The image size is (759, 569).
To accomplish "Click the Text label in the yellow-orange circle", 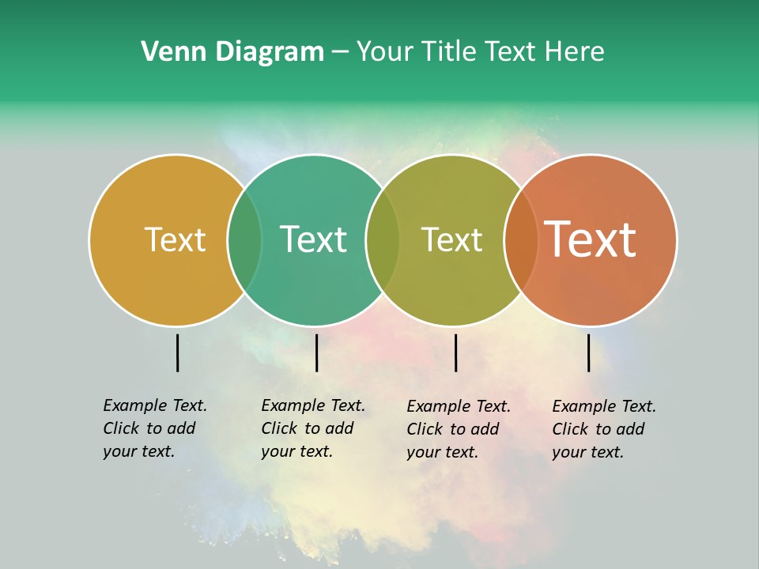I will pyautogui.click(x=175, y=239).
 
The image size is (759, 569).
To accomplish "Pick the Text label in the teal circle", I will pyautogui.click(x=313, y=239).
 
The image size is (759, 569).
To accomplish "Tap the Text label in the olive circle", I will pyautogui.click(x=451, y=239).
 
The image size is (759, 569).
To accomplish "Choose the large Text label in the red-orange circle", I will pyautogui.click(x=591, y=239).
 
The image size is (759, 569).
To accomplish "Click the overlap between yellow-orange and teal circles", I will pyautogui.click(x=244, y=239).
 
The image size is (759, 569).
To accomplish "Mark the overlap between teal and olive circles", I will pyautogui.click(x=383, y=239).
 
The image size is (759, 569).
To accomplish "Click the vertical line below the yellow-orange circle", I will pyautogui.click(x=177, y=352).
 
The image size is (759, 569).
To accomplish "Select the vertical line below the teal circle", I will pyautogui.click(x=316, y=352).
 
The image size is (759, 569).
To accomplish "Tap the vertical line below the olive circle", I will pyautogui.click(x=455, y=352).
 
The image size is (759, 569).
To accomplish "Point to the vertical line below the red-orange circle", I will pyautogui.click(x=588, y=352).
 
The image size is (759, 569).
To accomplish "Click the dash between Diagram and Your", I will pyautogui.click(x=340, y=53).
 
